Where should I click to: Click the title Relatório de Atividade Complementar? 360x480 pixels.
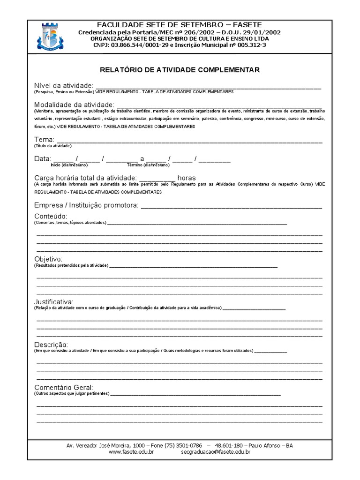click(180, 70)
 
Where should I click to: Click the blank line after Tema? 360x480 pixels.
click(189, 141)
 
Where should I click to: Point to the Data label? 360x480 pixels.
click(42, 159)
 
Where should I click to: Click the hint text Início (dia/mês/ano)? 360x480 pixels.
click(69, 165)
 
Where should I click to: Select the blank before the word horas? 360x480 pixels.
click(157, 179)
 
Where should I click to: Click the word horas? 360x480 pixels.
click(187, 178)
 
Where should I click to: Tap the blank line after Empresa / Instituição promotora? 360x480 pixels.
click(231, 206)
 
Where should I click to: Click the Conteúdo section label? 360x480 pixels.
click(51, 216)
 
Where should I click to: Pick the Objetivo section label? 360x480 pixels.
click(48, 259)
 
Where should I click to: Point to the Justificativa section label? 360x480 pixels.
click(53, 301)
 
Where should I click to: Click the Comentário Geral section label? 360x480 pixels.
click(64, 387)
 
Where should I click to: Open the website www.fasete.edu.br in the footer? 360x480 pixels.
click(131, 452)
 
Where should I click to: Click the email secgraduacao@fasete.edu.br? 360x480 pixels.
click(215, 452)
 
